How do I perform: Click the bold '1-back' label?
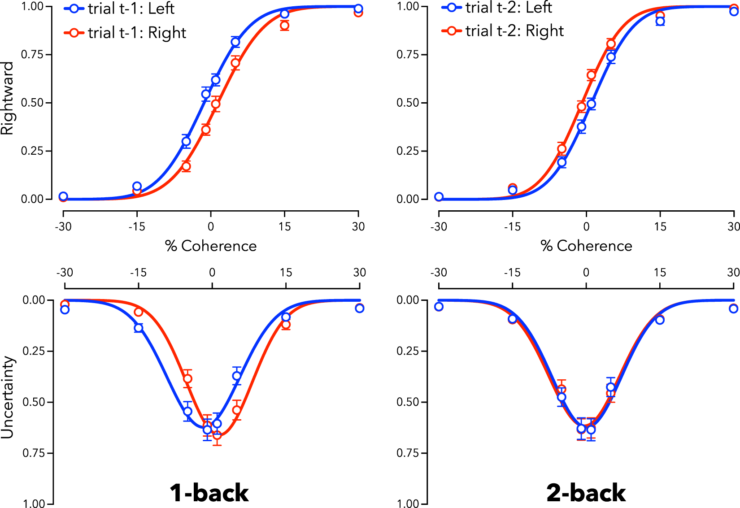coord(209,493)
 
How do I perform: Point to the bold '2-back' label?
coord(586,493)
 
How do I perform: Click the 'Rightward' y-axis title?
coord(8,99)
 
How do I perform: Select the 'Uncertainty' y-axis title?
coord(8,397)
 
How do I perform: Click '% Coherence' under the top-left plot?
coord(211,246)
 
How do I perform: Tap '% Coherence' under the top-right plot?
coord(586,246)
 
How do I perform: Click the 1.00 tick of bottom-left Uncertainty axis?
coord(34,504)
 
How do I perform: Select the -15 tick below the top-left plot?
coord(137,226)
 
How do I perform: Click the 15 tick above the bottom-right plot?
coord(659,272)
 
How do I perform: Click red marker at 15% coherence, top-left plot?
coord(284,26)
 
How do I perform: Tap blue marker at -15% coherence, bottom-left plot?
coord(139,328)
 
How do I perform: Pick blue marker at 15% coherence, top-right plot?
coord(660,21)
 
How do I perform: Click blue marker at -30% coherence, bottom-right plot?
coord(439,307)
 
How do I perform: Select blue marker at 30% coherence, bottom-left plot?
coord(359,308)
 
